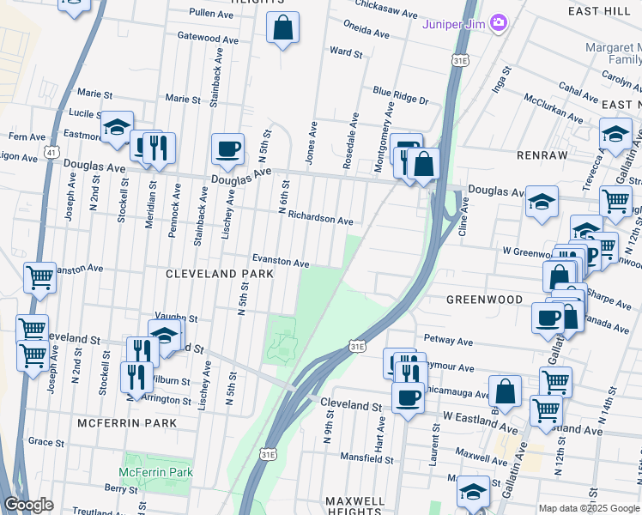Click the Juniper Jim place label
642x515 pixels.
pos(453,23)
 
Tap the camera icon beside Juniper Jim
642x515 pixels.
pos(499,22)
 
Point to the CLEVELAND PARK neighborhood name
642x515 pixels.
pos(219,274)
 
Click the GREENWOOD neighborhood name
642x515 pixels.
pos(485,300)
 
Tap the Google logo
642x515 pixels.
pos(28,505)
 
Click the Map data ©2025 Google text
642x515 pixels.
pos(588,508)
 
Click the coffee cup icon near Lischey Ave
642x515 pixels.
pos(227,148)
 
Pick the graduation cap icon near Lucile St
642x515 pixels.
pos(116,128)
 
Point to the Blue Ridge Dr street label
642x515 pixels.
pos(400,94)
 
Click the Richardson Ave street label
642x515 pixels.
pos(320,220)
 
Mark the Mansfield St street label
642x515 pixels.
pos(366,459)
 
